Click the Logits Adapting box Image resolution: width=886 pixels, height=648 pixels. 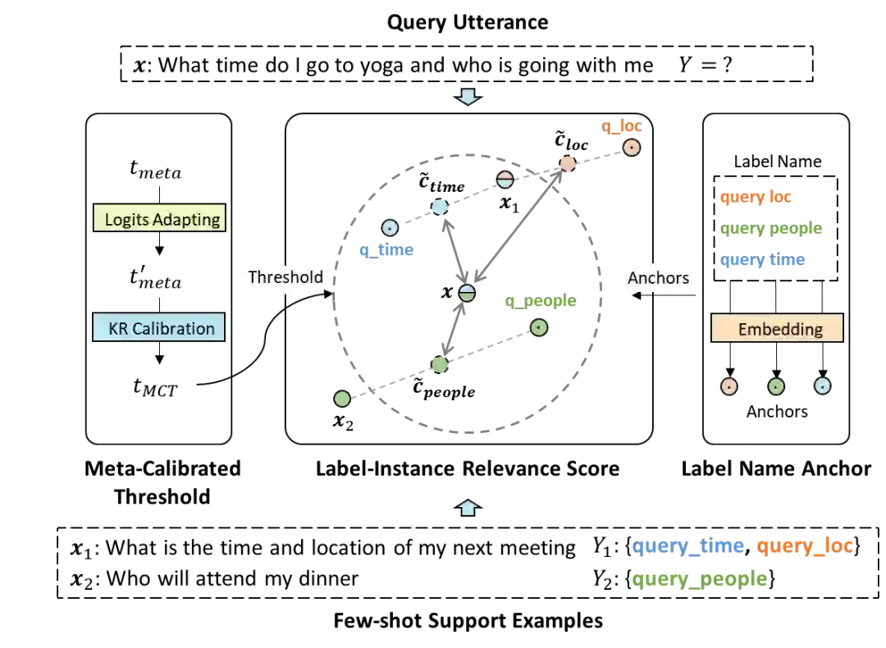162,220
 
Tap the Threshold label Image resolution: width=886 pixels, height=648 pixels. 284,277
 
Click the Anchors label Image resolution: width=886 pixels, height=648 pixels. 658,278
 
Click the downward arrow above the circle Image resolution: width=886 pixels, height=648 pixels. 468,96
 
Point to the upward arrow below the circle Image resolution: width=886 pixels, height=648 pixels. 468,509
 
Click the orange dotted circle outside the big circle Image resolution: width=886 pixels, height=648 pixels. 631,148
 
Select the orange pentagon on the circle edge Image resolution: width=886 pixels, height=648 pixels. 567,163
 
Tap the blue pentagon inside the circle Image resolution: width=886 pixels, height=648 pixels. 440,206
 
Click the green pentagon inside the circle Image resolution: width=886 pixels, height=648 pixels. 440,364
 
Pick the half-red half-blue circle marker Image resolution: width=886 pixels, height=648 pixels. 505,180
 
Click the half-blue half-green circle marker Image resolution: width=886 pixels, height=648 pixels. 467,293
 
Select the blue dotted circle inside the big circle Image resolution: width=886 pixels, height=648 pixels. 390,227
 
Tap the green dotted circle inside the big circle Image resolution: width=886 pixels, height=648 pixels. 538,327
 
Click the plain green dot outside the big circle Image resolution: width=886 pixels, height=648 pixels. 343,399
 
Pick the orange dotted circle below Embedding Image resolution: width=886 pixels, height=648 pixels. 729,386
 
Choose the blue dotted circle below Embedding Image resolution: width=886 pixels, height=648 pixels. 822,386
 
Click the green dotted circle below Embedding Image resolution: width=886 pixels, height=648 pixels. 776,386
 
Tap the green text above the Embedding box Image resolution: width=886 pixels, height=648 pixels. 770,229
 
